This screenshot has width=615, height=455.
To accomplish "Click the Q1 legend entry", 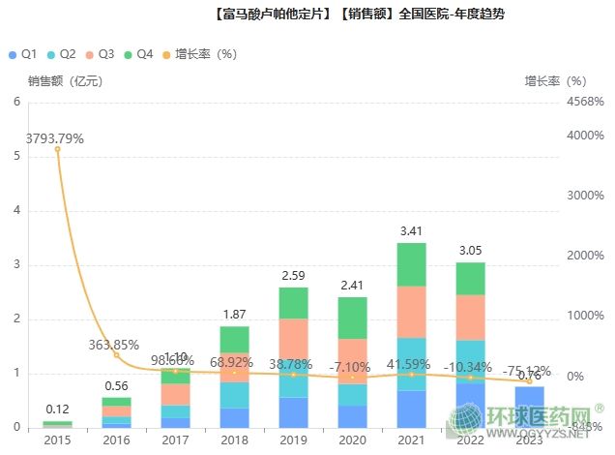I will coord(23,54).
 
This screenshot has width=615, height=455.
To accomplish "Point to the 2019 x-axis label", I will coord(293,440).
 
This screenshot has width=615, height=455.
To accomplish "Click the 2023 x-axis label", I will coord(529,440).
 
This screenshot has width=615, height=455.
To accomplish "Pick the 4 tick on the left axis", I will coord(16,210).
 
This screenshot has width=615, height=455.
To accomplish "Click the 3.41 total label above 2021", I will coord(411,230).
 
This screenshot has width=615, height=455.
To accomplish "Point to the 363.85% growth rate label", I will coord(115,344).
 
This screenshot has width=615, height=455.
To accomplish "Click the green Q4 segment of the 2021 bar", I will coord(411,264).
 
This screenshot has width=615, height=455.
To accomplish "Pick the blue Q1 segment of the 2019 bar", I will coord(293,411).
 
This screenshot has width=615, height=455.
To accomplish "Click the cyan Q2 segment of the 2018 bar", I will coord(234,395).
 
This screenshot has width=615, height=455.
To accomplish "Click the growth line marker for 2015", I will coord(57,149).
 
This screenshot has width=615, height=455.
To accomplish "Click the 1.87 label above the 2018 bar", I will coord(234,314).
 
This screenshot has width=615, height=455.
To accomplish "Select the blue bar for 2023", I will coord(529,407).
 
